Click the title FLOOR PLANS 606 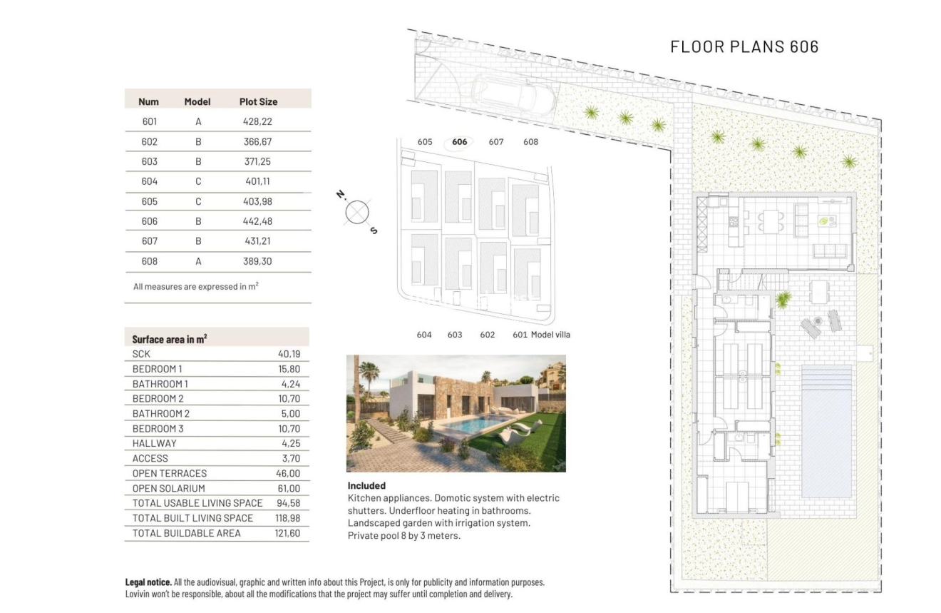pyautogui.click(x=744, y=47)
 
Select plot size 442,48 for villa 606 pyautogui.click(x=257, y=221)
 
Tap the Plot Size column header pyautogui.click(x=258, y=101)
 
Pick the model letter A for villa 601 pyautogui.click(x=198, y=121)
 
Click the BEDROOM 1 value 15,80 pyautogui.click(x=289, y=369)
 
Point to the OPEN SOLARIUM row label pyautogui.click(x=168, y=488)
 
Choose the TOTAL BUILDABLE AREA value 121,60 pyautogui.click(x=287, y=533)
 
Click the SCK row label pyautogui.click(x=141, y=354)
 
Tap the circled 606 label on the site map pyautogui.click(x=460, y=142)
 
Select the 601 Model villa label pyautogui.click(x=541, y=335)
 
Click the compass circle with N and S pyautogui.click(x=356, y=212)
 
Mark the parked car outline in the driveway pyautogui.click(x=514, y=101)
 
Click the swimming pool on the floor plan pyautogui.click(x=826, y=431)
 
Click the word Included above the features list pyautogui.click(x=366, y=485)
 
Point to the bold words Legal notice pyautogui.click(x=148, y=582)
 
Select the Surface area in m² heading pyautogui.click(x=170, y=339)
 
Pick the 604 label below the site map pyautogui.click(x=424, y=335)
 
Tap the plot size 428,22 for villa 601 pyautogui.click(x=257, y=121)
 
